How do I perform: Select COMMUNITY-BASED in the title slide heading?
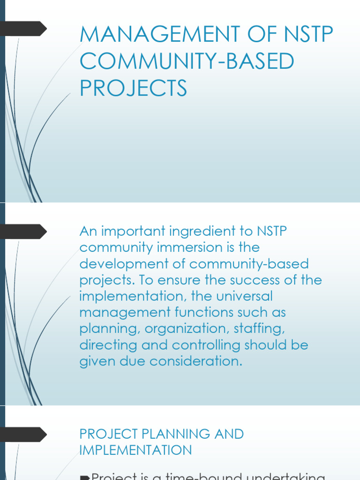coord(187,62)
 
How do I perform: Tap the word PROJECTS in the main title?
coord(133,88)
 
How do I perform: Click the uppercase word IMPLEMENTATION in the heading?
coord(135,450)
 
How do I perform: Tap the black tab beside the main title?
coord(23,29)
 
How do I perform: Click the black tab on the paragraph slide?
coord(23,232)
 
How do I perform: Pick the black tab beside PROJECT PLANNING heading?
coord(23,434)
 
